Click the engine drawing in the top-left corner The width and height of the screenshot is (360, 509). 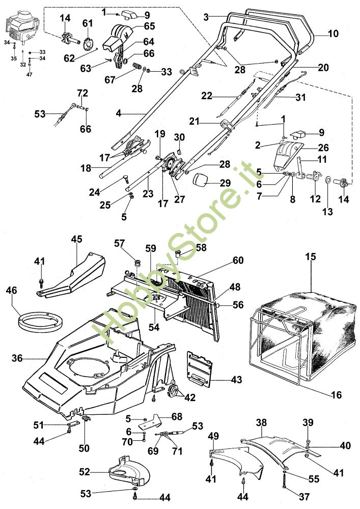pos(21,27)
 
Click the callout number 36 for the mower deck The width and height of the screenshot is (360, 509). pos(17,358)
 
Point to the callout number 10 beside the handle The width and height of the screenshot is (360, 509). pos(333,34)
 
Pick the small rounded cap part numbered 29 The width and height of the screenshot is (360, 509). pos(201,180)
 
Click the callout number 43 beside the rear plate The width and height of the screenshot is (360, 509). pos(237,379)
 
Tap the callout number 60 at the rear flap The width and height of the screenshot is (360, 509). pos(238,260)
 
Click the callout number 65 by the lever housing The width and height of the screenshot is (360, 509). pos(149,25)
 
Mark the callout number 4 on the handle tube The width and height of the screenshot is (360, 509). pos(119,114)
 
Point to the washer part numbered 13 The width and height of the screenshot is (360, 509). pos(327,179)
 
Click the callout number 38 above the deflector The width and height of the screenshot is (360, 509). pos(261,422)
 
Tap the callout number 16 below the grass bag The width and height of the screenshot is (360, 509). pos(336,395)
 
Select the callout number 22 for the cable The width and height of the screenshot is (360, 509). pos(206,96)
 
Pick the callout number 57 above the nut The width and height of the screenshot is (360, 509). pos(119,243)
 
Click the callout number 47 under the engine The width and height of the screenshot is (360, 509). pos(29,75)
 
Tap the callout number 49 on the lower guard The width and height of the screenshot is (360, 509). pos(213,436)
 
